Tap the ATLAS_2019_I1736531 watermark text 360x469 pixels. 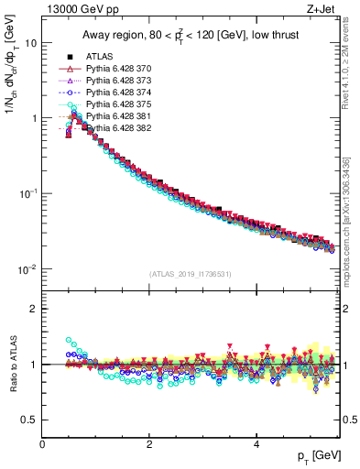click(x=191, y=274)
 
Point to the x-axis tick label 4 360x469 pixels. click(x=256, y=443)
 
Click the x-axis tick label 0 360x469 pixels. click(x=42, y=443)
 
